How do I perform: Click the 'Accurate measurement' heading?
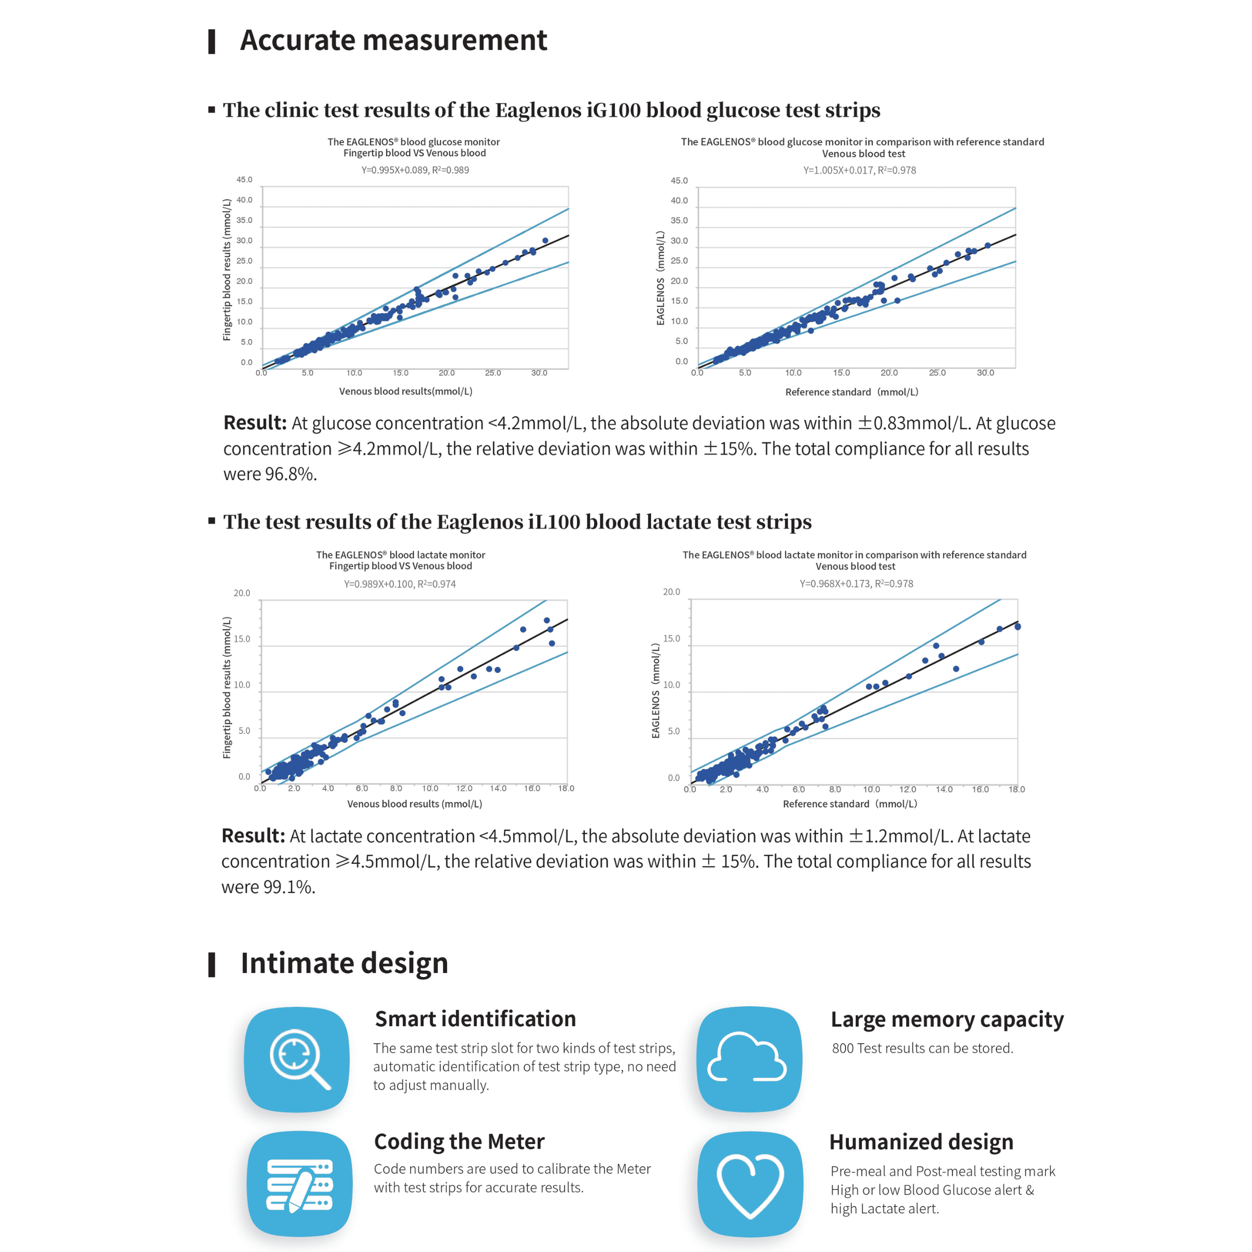pos(393,40)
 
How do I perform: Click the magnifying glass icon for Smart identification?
pos(297,1059)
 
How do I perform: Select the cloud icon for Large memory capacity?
pos(749,1059)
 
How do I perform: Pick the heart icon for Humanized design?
pos(750,1185)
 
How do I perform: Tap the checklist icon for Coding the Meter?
pos(299,1185)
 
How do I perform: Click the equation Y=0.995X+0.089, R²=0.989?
pos(415,170)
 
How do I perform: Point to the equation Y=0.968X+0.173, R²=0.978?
pos(856,583)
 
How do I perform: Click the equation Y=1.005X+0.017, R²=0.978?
pos(859,170)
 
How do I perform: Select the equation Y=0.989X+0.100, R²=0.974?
pos(399,584)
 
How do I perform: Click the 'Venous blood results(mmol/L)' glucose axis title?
pos(406,391)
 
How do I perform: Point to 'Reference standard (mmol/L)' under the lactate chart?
pos(850,803)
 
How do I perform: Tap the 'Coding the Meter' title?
pos(459,1141)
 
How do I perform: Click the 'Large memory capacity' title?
pos(947,1019)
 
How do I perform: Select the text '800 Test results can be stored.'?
pos(922,1048)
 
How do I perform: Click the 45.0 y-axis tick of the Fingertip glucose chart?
pos(244,179)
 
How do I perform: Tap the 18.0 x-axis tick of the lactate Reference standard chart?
pos(1016,789)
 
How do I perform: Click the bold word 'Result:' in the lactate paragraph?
pos(252,836)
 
